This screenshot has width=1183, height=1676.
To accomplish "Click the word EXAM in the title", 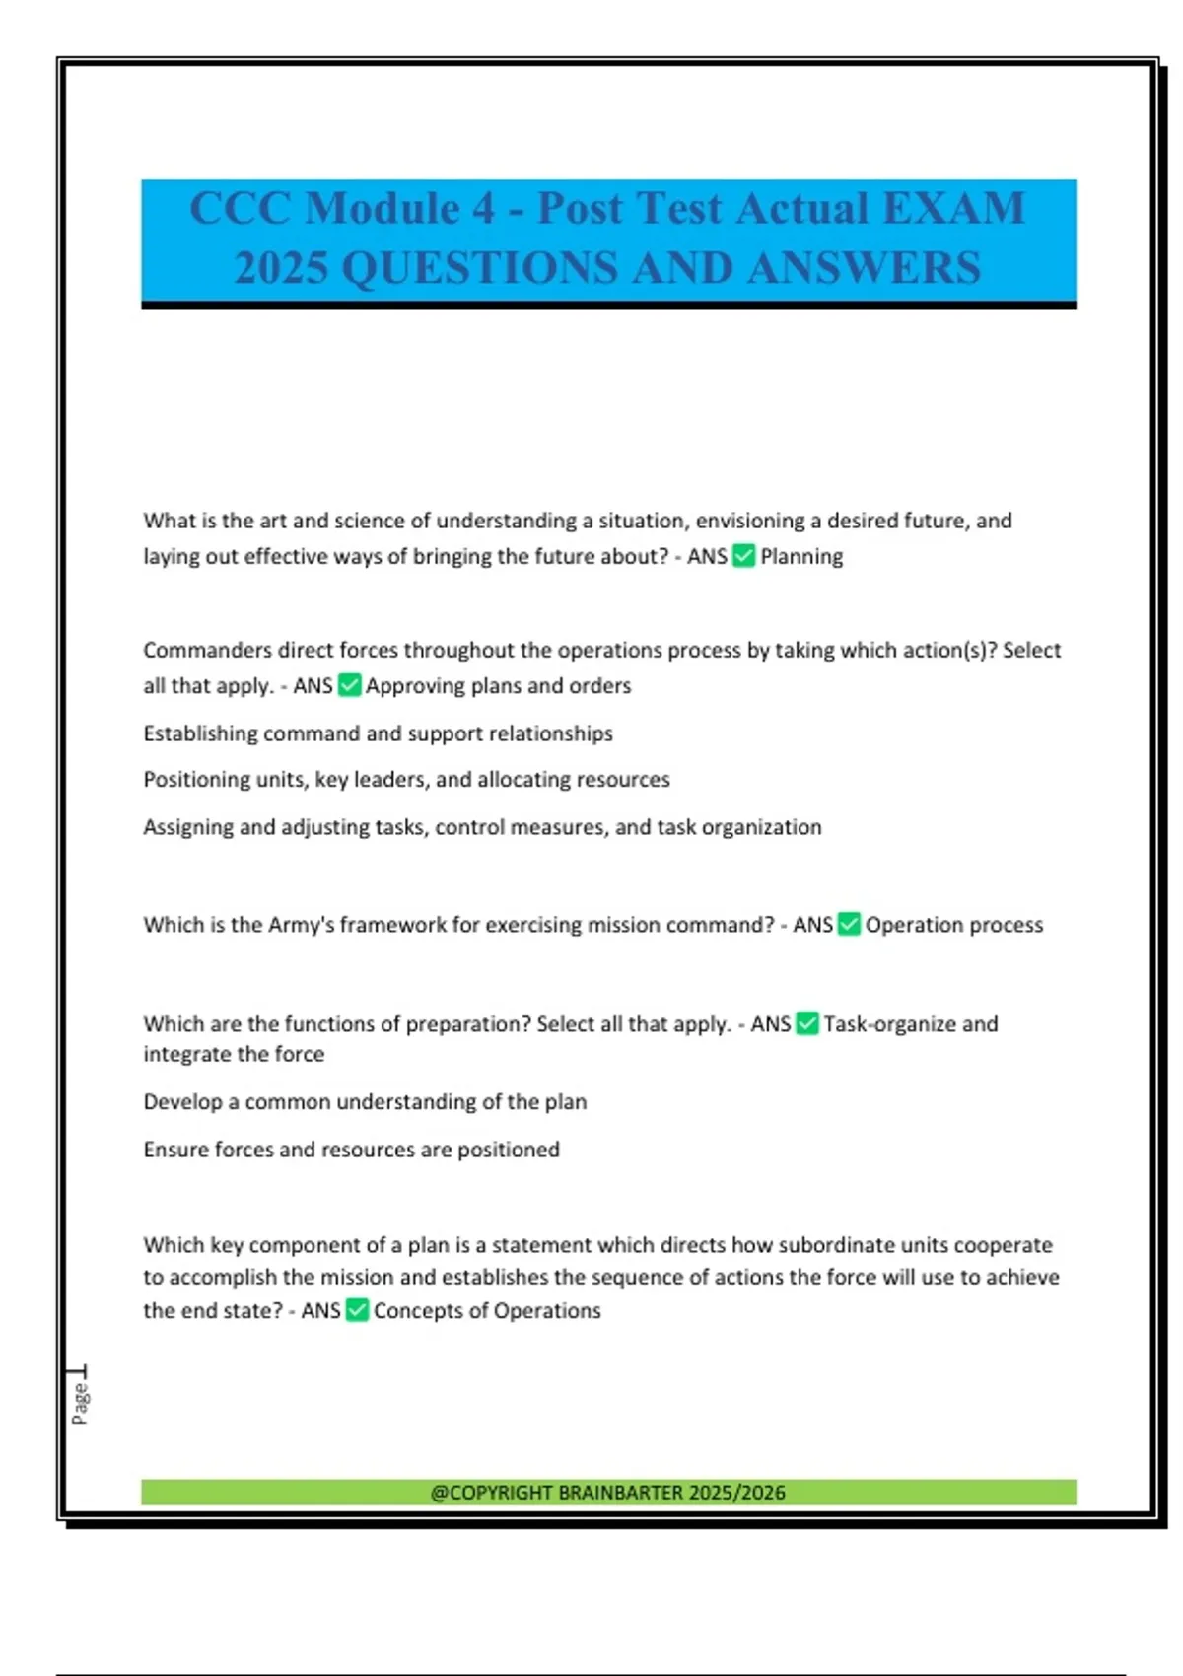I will point(953,209).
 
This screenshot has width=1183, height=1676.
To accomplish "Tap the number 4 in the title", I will point(483,209).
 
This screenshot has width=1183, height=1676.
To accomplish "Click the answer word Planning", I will point(801,557).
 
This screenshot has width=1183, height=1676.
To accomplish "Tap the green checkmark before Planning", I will point(744,556).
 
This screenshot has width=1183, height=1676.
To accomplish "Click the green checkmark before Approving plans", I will point(350,685).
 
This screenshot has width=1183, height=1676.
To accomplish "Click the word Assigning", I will point(188,827).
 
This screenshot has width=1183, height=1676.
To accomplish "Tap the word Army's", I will point(300,925).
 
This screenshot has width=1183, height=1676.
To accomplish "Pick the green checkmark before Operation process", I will point(849,925).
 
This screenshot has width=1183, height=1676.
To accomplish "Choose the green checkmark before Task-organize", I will point(807,1024).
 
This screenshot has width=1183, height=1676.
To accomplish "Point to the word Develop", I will point(182,1102).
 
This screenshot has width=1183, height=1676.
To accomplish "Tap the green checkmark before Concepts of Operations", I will point(357,1310).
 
